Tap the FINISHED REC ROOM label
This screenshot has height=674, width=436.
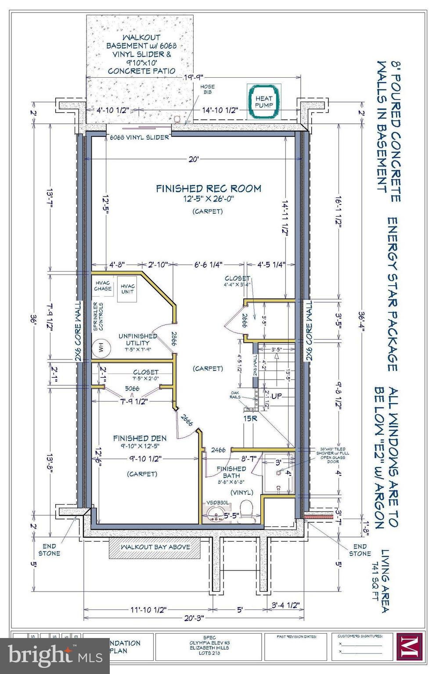[209, 189]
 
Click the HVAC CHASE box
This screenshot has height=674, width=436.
[103, 286]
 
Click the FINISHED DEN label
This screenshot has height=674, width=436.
[140, 438]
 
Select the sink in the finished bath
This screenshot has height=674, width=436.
[215, 513]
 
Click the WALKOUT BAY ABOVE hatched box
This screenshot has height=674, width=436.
[155, 547]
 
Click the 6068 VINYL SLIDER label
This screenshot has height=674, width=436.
[140, 137]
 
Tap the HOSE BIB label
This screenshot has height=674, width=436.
[208, 90]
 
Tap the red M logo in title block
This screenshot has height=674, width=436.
[409, 646]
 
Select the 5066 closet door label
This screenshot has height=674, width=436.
[132, 388]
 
